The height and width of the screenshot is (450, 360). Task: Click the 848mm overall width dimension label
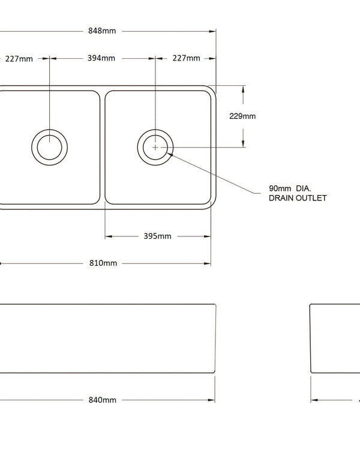pos(101,31)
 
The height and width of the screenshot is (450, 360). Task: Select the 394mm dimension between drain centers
pos(101,58)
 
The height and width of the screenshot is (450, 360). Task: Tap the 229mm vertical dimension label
pos(242,116)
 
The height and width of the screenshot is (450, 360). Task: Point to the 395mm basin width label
pos(157,236)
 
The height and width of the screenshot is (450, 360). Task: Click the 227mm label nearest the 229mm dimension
pos(186,58)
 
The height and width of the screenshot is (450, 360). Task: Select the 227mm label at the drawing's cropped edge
pos(19,58)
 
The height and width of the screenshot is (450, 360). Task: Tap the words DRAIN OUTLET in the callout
pos(298,198)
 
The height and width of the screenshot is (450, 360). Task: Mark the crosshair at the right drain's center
pos(155,146)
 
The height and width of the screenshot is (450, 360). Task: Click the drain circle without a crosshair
pos(49,146)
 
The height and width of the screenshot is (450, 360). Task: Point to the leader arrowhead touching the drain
pos(171,153)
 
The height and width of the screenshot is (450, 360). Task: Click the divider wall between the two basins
pos(103,146)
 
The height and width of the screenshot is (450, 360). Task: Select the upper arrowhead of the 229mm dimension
pos(242,89)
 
